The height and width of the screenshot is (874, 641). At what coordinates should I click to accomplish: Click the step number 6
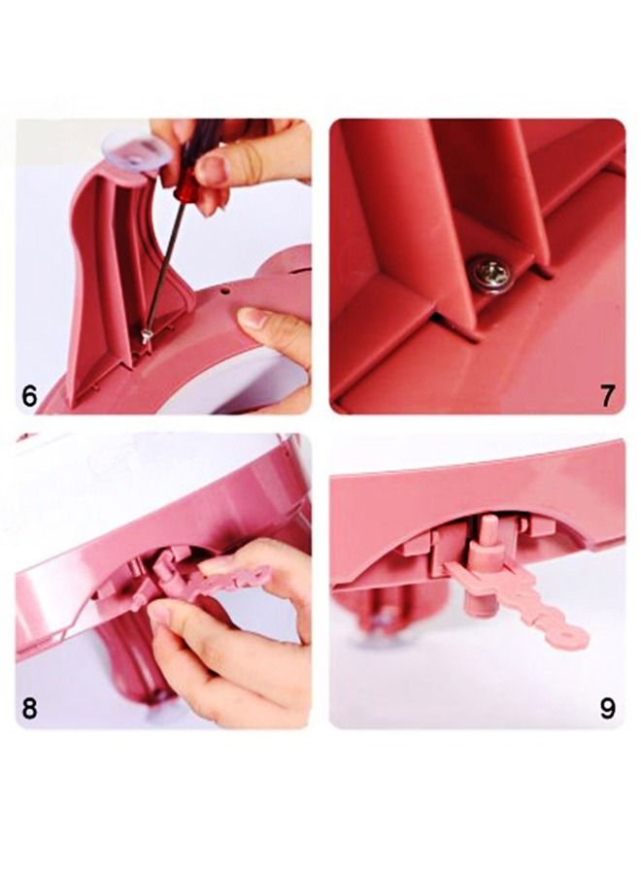coord(29,396)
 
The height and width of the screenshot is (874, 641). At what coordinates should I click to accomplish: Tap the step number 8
coord(29,708)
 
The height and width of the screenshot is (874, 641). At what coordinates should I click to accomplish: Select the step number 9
coord(608,708)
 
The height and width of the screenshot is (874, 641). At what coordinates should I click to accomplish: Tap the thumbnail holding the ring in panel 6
coord(254,319)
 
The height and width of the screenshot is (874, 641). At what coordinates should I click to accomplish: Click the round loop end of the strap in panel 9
coord(569,636)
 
